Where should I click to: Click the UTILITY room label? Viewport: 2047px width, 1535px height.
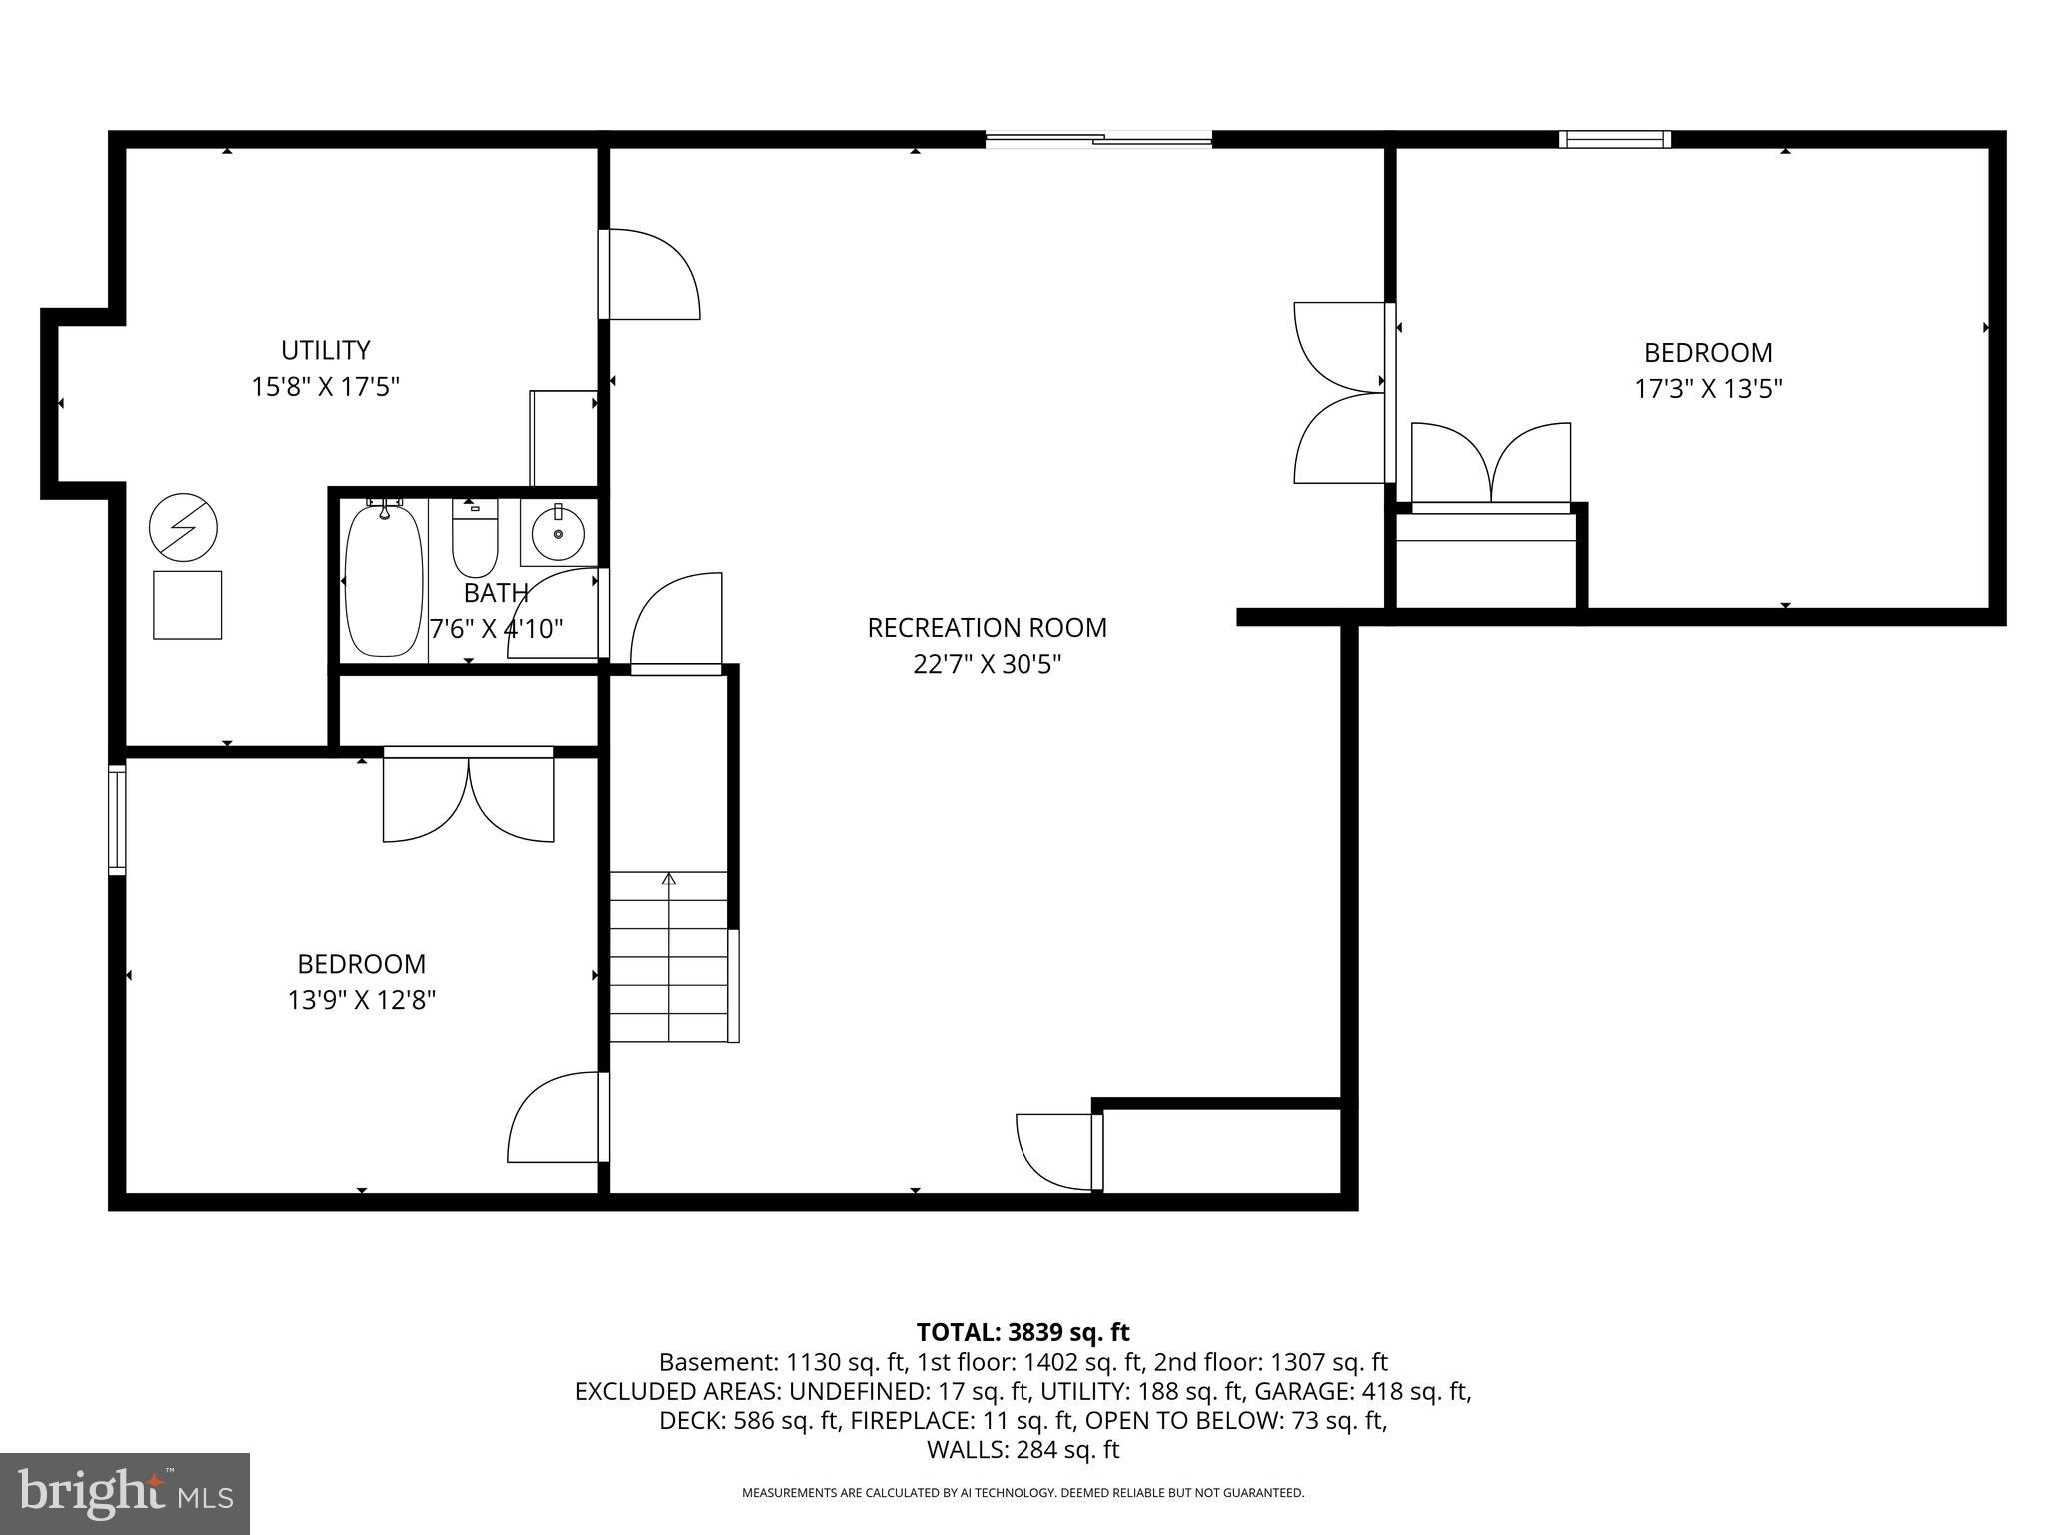pos(325,350)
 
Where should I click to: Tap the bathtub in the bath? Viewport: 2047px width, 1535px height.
pos(383,582)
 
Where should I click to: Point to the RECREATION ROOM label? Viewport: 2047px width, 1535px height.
pos(987,628)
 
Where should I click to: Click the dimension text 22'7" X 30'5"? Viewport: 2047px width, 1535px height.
pos(987,665)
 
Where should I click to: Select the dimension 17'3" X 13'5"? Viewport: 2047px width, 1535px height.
pos(1708,389)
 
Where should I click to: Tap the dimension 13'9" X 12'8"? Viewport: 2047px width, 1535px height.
pos(362,1000)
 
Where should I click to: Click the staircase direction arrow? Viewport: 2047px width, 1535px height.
pos(669,879)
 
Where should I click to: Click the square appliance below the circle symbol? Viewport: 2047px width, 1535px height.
pos(187,605)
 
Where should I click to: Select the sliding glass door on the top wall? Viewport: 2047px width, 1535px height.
pos(1098,140)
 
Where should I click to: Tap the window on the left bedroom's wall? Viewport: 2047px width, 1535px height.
pos(117,819)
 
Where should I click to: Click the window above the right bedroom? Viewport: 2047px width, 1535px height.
pos(1615,139)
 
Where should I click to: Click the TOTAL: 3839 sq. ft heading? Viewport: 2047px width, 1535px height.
pos(1023,1332)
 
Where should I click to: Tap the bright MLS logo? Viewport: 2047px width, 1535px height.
pos(125,1492)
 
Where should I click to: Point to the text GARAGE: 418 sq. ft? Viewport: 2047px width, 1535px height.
pos(1362,1391)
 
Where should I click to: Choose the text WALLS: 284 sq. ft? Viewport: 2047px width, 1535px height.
pos(1023,1450)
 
